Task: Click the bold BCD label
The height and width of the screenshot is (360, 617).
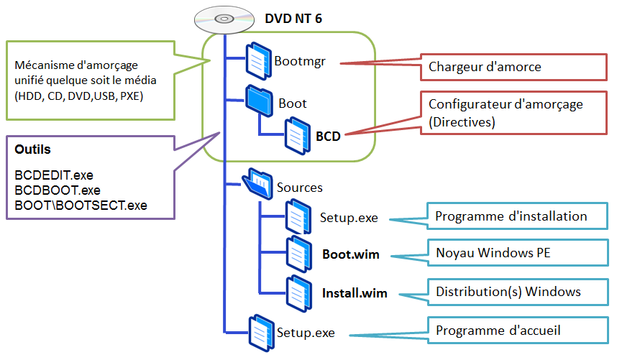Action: point(328,134)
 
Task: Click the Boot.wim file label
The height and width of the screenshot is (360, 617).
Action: point(351,254)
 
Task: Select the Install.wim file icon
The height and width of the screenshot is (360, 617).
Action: point(298,292)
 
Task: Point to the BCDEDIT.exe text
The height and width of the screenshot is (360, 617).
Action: point(54,175)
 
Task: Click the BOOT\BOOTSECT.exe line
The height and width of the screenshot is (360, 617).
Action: point(81,205)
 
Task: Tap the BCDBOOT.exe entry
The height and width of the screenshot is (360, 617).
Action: point(58,190)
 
